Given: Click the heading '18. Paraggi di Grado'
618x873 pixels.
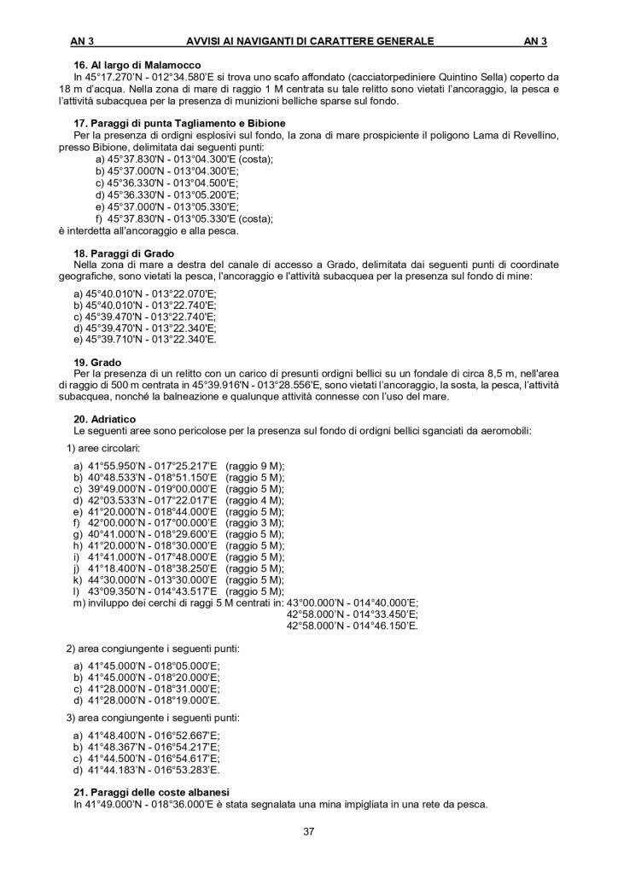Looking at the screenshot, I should tap(124, 253).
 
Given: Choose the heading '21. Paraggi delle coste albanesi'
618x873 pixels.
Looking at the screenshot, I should tap(151, 792).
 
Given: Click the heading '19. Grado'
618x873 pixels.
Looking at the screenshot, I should tap(98, 362).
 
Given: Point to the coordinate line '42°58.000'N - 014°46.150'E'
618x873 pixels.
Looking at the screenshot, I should tap(352, 626).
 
